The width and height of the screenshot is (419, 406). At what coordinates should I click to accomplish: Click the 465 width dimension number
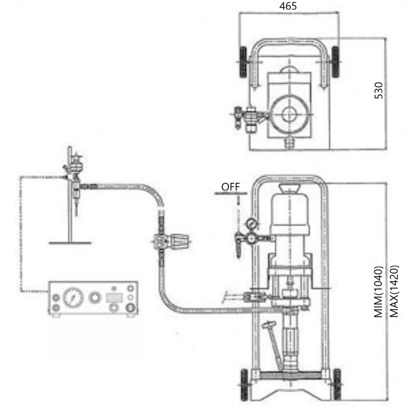click(288, 6)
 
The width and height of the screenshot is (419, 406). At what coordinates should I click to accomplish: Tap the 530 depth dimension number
click(379, 91)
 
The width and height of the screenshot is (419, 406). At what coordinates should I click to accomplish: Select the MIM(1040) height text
click(378, 291)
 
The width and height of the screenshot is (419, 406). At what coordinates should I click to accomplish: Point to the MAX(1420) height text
click(394, 291)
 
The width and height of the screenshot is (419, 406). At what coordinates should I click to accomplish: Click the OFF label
click(231, 187)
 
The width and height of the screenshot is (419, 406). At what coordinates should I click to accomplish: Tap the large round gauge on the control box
click(73, 297)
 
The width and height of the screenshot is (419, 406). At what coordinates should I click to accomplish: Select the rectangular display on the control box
click(114, 297)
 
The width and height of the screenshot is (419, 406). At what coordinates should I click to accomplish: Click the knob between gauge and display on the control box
click(95, 297)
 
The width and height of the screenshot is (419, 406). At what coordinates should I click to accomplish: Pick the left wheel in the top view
click(243, 62)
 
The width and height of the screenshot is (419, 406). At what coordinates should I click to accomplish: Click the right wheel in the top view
click(335, 62)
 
